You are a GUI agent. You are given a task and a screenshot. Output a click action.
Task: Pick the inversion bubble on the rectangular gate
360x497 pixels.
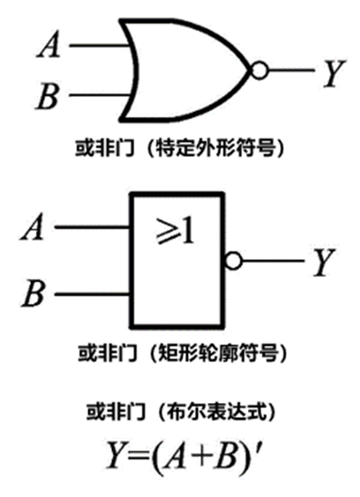pos(232,262)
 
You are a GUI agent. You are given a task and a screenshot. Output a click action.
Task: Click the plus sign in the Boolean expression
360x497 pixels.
pos(200,451)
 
